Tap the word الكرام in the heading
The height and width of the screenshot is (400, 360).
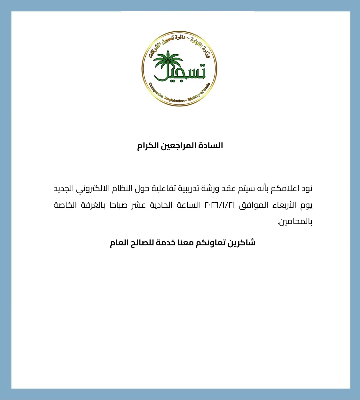tap(148, 146)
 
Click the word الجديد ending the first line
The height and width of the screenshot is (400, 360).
tap(64, 188)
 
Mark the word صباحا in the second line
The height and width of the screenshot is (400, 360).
tap(118, 205)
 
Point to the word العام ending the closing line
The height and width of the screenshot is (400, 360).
tap(119, 243)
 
